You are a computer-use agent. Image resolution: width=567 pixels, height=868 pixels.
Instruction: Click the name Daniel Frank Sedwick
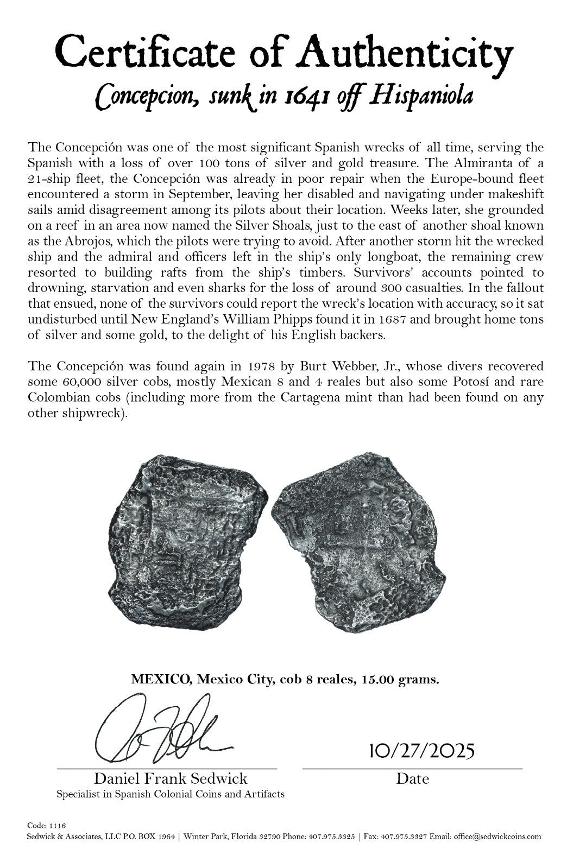[x=171, y=779]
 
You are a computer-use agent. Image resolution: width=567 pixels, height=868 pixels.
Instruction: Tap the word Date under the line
[x=412, y=779]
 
